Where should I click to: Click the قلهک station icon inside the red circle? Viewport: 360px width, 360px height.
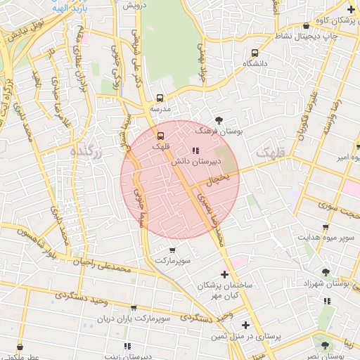(x=161, y=135)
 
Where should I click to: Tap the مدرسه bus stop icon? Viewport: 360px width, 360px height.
(x=160, y=98)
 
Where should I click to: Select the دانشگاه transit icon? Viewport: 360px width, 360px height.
(x=255, y=53)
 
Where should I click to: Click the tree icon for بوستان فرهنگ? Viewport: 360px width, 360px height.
(x=219, y=120)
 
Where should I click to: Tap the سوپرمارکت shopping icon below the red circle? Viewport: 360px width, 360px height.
(x=173, y=250)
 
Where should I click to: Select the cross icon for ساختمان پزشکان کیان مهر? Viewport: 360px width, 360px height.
(x=224, y=274)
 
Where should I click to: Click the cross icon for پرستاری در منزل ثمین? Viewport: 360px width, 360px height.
(x=245, y=325)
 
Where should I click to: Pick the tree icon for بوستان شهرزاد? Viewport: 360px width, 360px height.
(x=325, y=271)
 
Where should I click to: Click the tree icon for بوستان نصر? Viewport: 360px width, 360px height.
(x=325, y=345)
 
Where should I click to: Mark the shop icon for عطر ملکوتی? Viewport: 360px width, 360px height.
(x=20, y=347)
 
